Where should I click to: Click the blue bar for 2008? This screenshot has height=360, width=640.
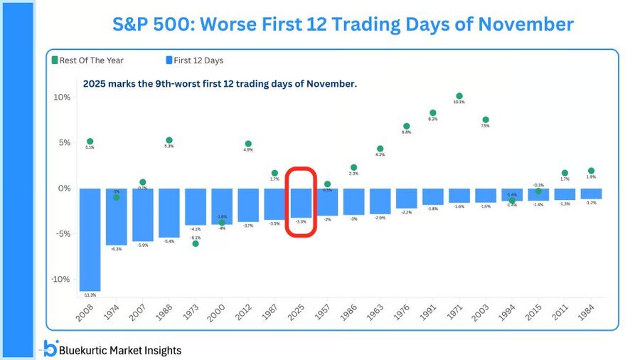click(90, 239)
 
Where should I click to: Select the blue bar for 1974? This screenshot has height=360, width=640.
click(116, 216)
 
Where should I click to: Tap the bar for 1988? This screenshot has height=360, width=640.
click(169, 212)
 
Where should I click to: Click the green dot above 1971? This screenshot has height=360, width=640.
click(459, 96)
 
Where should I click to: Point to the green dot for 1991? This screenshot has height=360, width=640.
click(432, 113)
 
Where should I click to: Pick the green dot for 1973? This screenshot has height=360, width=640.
click(196, 243)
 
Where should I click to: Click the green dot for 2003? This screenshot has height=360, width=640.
click(486, 120)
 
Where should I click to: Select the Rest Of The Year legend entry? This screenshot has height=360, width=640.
click(87, 60)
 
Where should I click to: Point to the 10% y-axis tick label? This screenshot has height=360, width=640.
click(62, 97)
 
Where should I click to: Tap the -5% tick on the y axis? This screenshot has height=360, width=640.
click(62, 234)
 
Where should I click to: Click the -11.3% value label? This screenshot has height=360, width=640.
click(90, 295)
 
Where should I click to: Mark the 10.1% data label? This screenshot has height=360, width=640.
click(459, 102)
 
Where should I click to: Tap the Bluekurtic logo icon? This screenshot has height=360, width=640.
click(50, 349)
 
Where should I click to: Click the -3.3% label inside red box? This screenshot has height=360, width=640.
click(301, 222)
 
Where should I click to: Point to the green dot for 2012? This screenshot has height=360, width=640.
click(248, 144)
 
